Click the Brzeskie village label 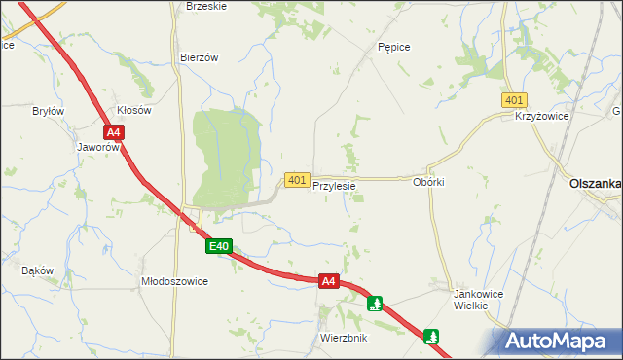tap(205, 6)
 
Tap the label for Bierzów tap(199, 57)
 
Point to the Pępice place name tap(393, 47)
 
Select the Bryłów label tap(48, 111)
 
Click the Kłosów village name tap(133, 111)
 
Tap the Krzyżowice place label tap(541, 116)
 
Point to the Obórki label tap(428, 182)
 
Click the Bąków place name tap(36, 270)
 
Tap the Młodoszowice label tap(175, 280)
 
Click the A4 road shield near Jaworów tap(114, 132)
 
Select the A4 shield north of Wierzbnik tap(329, 281)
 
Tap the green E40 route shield tap(218, 247)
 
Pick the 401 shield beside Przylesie tap(297, 180)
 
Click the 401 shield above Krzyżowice tap(515, 100)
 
